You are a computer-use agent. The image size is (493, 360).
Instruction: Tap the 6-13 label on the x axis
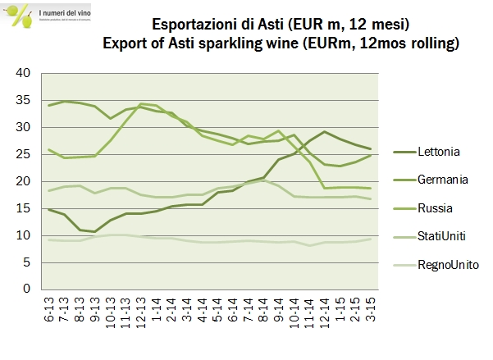coord(52,309)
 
